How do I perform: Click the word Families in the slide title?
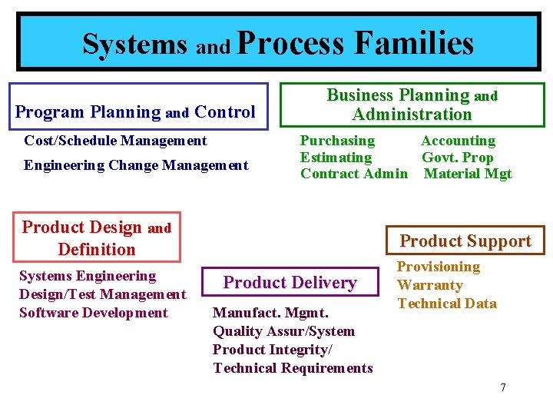414,43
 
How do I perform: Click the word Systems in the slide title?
134,44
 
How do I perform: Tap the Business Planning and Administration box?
412,105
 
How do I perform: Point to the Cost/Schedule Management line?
115,141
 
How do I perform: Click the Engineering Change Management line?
136,165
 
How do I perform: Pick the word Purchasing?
337,141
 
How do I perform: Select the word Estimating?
336,158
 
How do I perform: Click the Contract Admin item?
353,174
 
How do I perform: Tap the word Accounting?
458,141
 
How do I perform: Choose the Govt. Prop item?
457,158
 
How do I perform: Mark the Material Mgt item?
468,174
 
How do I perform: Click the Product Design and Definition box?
97,237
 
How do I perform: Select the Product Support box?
465,241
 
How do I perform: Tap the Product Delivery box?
290,282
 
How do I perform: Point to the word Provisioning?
438,267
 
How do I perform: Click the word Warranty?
429,285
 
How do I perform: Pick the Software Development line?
93,313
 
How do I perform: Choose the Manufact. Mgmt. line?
270,313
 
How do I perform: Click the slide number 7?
503,387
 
